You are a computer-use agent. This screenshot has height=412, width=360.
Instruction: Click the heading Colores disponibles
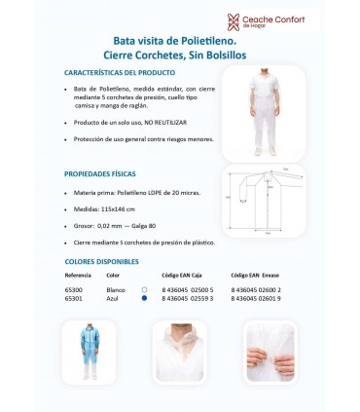[x=101, y=262]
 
